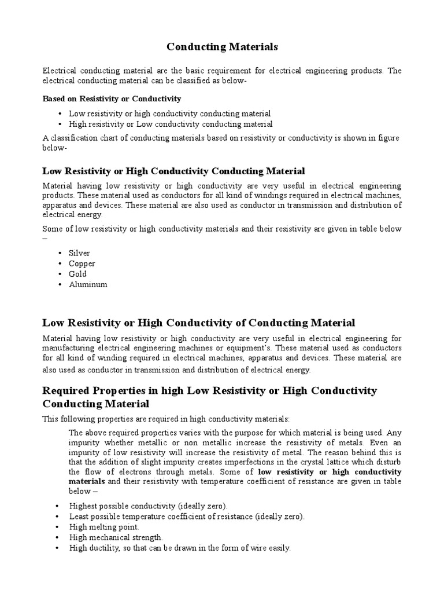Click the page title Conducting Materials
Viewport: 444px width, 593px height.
222,46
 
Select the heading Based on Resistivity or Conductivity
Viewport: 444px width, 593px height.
112,98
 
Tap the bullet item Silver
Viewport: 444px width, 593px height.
79,253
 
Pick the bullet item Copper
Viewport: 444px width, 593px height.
82,263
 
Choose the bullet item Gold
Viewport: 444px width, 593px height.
77,274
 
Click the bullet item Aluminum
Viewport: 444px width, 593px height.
88,284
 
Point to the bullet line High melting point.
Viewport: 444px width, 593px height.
104,527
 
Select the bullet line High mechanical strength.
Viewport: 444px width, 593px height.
116,537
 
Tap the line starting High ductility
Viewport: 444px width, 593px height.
180,548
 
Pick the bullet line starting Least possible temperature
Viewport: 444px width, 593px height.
186,517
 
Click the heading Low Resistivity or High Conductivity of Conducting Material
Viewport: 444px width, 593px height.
199,323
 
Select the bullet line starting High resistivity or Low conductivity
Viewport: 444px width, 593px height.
171,124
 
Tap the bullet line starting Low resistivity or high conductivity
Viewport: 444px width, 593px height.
169,114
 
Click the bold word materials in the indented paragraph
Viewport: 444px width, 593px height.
87,481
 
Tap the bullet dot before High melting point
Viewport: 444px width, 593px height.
57,527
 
